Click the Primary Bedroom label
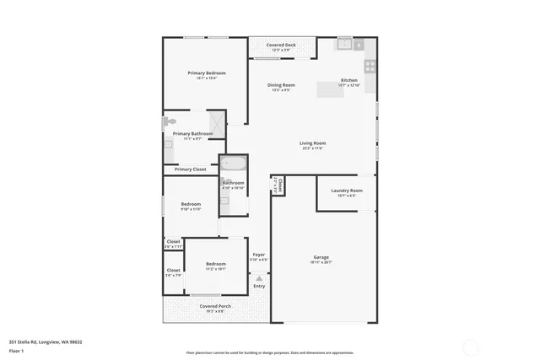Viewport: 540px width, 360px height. pos(206,73)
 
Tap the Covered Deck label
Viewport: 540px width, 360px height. pos(281,45)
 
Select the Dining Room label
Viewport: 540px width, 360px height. pos(281,85)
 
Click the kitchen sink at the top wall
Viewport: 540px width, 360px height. pos(344,43)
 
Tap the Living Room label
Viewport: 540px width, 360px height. pos(312,143)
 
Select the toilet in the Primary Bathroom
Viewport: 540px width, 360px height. pos(169,123)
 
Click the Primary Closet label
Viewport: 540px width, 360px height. pos(190,169)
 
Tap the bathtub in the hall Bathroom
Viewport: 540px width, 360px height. pos(233,164)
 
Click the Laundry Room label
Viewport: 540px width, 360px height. pos(347,191)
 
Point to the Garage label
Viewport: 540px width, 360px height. pos(321,257)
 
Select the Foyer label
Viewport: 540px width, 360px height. pos(258,255)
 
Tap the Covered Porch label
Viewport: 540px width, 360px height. pos(215,306)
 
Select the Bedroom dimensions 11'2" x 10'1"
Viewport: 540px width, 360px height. pos(215,270)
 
